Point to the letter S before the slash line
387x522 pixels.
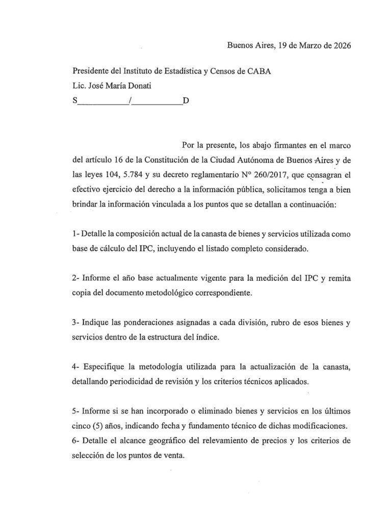pyautogui.click(x=75, y=100)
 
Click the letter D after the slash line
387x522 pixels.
pyautogui.click(x=186, y=100)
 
